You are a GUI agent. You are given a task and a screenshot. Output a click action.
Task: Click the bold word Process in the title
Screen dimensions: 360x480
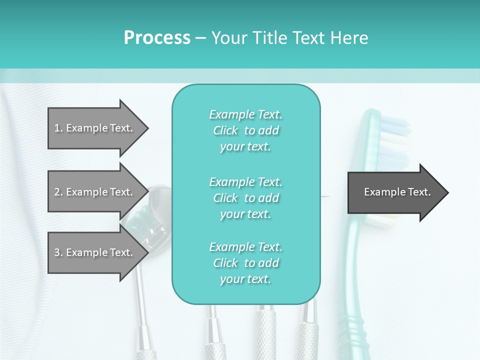157,38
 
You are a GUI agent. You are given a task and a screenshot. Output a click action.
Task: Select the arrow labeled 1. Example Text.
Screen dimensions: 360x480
95,128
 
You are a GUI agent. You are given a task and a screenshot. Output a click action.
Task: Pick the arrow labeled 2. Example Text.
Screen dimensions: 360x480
95,192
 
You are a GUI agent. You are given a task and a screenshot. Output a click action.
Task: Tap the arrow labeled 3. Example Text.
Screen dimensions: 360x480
95,252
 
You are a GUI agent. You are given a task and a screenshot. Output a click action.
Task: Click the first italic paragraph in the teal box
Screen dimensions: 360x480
245,130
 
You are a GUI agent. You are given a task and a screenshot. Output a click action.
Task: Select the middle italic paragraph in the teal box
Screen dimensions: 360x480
245,198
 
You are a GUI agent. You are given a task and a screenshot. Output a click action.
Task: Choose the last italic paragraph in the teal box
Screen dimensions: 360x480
245,263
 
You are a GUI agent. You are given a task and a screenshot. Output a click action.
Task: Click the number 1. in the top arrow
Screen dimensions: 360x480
58,128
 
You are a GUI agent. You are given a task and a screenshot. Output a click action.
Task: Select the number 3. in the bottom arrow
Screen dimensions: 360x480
58,252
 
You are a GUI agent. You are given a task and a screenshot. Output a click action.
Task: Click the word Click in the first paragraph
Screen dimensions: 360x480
225,131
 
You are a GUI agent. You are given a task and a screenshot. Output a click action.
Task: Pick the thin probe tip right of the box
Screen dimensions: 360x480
326,196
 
